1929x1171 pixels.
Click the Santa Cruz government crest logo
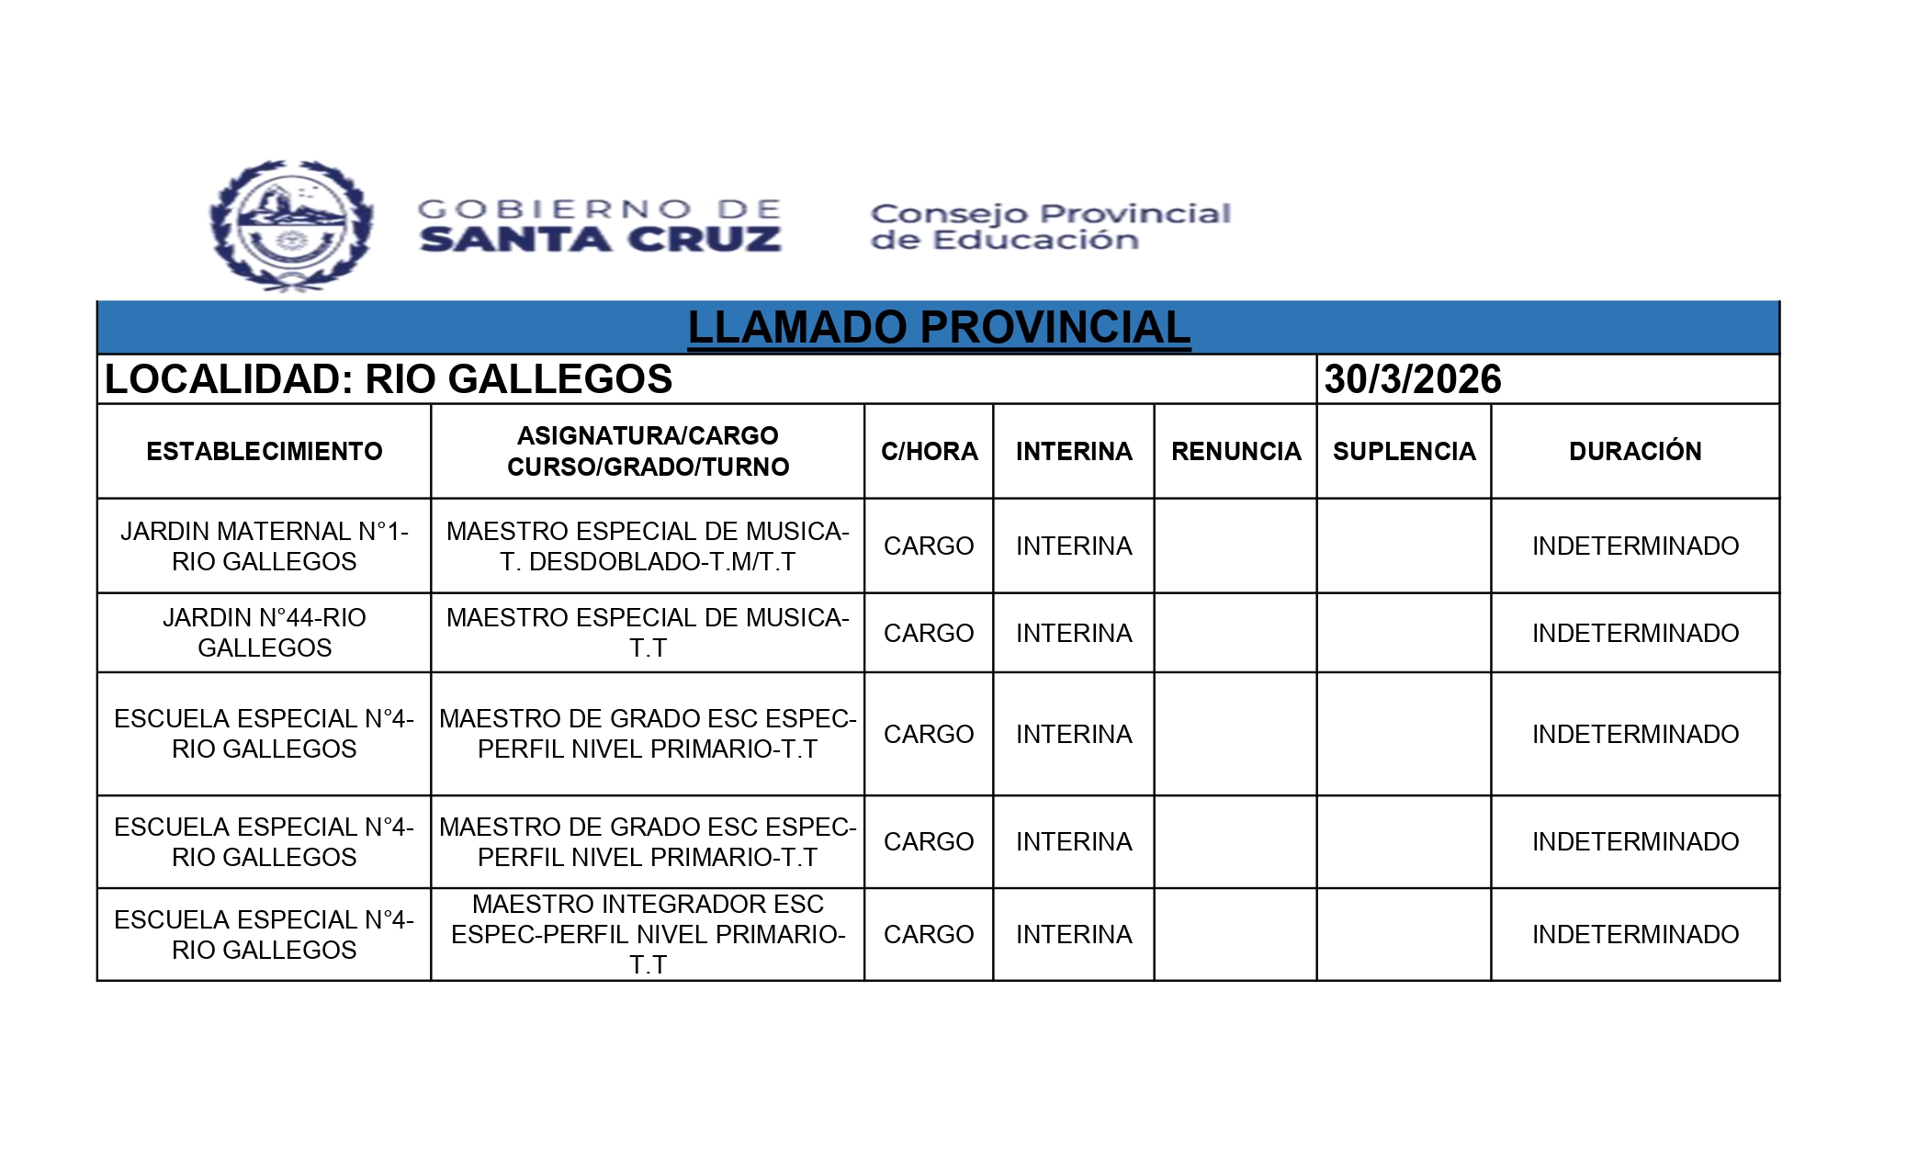coord(291,225)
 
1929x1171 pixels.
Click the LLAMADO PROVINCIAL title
coord(938,328)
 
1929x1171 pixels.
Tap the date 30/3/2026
coord(1412,379)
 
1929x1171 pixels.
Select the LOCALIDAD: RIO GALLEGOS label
coord(389,379)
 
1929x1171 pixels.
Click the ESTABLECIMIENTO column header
coord(265,451)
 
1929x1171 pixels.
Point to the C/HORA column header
coord(929,451)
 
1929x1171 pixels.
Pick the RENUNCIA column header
coord(1235,451)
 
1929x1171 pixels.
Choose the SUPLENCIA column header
coord(1404,451)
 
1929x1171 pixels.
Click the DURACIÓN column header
coord(1635,451)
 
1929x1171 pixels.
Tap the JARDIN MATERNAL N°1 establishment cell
coord(265,546)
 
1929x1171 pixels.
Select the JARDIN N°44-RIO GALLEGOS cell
coord(265,633)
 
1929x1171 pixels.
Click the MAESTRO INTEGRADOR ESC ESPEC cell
coord(648,934)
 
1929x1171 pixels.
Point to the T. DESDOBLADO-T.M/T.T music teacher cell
coord(648,546)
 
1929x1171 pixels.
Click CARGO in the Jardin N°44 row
coord(929,633)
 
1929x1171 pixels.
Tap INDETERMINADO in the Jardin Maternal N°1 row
coord(1635,546)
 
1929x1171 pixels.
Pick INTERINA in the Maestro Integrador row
coord(1074,934)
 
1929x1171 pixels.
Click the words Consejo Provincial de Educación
coord(1050,226)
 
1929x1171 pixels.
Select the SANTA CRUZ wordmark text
coord(601,240)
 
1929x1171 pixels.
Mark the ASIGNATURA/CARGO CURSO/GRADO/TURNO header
coord(648,451)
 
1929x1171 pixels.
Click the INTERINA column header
coord(1074,451)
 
